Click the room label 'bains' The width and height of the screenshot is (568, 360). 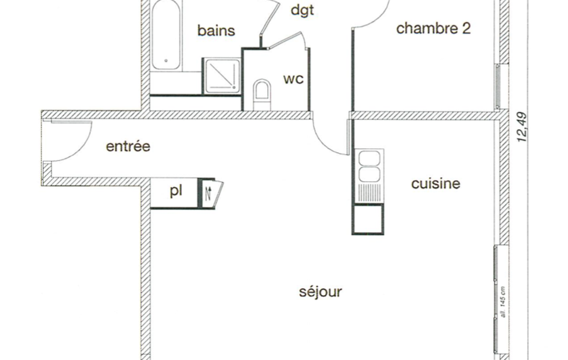(216, 30)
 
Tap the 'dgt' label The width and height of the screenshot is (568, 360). (302, 11)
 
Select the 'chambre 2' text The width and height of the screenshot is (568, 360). (433, 28)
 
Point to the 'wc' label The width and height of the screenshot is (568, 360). (293, 79)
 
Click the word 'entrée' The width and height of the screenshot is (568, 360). (128, 146)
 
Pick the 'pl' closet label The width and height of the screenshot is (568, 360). (176, 191)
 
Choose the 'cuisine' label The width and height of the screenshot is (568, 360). (436, 184)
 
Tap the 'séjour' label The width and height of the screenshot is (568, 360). (320, 291)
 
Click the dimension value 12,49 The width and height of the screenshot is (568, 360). (522, 127)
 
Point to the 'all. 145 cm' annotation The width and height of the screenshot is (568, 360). (503, 302)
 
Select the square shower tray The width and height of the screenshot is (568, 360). (221, 75)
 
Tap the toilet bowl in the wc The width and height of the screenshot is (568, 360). (262, 92)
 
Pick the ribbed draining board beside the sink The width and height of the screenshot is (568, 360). (369, 193)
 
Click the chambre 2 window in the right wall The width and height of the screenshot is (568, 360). (498, 86)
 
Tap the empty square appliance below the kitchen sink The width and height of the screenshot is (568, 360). (368, 219)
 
